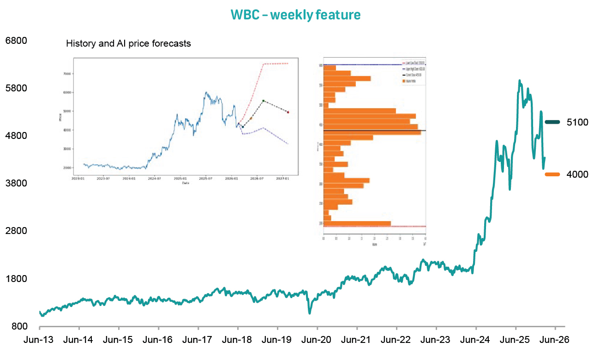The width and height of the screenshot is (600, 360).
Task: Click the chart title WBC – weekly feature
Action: [295, 15]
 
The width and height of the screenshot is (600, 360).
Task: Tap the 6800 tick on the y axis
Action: [16, 41]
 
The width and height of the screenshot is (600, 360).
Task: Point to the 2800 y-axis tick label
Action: [16, 231]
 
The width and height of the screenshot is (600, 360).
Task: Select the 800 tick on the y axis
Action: [19, 327]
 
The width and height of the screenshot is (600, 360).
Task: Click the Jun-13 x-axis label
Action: [39, 340]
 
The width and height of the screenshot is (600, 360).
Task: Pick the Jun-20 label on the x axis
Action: [317, 340]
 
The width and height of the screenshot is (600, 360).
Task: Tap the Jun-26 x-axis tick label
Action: [554, 340]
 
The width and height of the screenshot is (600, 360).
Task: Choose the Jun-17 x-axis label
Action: [198, 340]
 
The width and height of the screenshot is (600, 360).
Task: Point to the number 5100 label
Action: [577, 122]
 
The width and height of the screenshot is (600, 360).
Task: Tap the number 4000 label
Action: [577, 174]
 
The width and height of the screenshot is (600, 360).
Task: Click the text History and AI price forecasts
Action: [128, 44]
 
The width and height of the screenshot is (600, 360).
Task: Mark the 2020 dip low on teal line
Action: [309, 313]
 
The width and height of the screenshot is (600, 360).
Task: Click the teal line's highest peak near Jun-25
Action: [520, 80]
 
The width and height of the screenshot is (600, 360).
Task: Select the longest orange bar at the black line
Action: [372, 133]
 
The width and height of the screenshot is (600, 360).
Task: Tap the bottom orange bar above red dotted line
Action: [357, 224]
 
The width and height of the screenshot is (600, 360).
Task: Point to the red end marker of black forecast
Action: [288, 112]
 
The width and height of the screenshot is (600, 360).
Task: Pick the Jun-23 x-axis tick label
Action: [436, 340]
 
